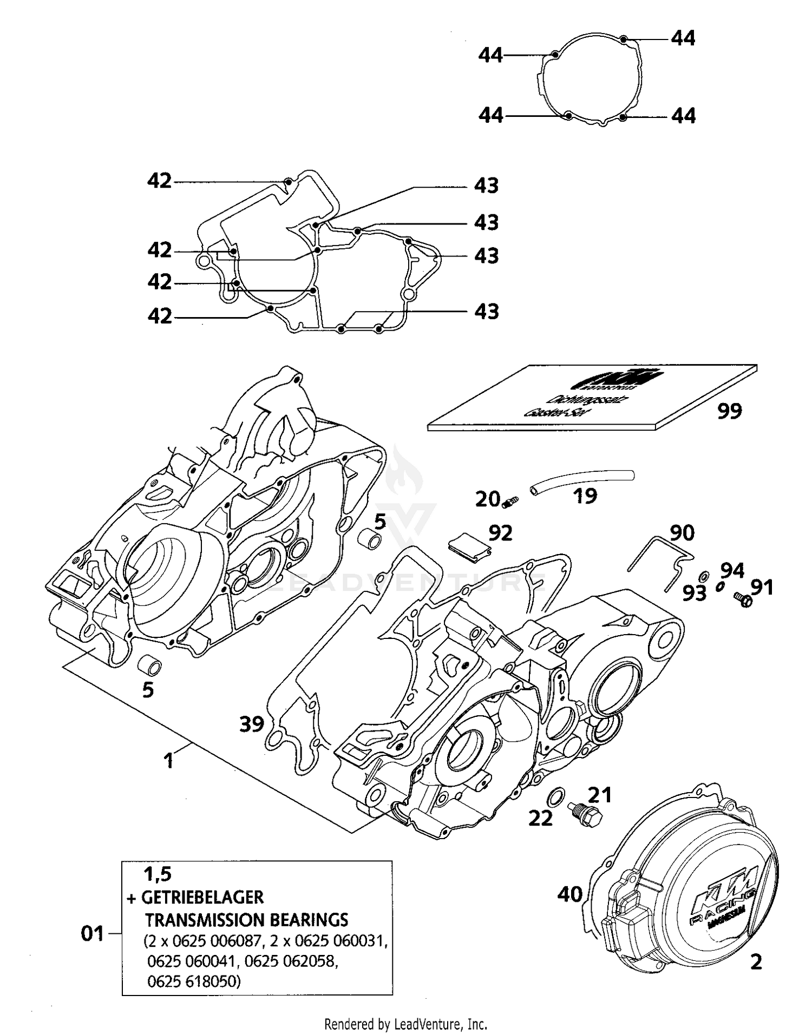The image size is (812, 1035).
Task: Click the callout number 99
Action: (x=729, y=411)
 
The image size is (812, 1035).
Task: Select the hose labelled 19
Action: (x=582, y=480)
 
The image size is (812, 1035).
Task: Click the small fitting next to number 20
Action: (x=509, y=503)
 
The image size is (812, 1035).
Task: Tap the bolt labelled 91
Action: (x=743, y=599)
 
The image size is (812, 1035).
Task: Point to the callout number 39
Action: (x=252, y=723)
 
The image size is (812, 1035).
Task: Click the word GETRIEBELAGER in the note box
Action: (x=202, y=897)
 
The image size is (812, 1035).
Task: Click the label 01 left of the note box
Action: (x=92, y=933)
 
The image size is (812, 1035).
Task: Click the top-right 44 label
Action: (x=683, y=38)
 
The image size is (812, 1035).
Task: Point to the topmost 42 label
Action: (x=160, y=181)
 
